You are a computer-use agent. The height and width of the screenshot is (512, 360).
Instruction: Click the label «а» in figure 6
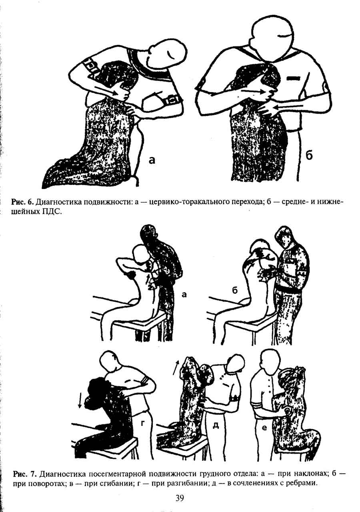[152, 160]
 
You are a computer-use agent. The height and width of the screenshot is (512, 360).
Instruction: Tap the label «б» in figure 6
[309, 156]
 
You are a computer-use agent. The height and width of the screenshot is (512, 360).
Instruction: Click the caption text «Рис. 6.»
[23, 202]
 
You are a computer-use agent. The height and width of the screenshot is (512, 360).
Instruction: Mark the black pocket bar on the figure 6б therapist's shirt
[292, 78]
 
